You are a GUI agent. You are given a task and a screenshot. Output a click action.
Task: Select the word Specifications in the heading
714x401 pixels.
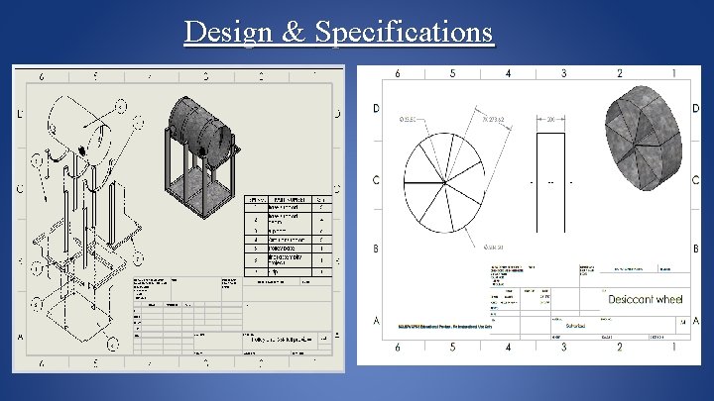point(405,33)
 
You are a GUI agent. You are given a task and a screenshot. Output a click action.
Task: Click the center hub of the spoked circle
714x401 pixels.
point(444,182)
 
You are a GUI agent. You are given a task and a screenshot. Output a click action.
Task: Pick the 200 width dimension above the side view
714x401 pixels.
point(553,119)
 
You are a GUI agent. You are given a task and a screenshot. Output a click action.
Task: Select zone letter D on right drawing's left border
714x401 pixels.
point(375,108)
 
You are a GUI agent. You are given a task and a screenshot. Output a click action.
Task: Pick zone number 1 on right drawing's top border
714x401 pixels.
point(673,73)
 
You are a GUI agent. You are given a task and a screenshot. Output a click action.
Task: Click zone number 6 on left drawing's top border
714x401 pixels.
point(41,76)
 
